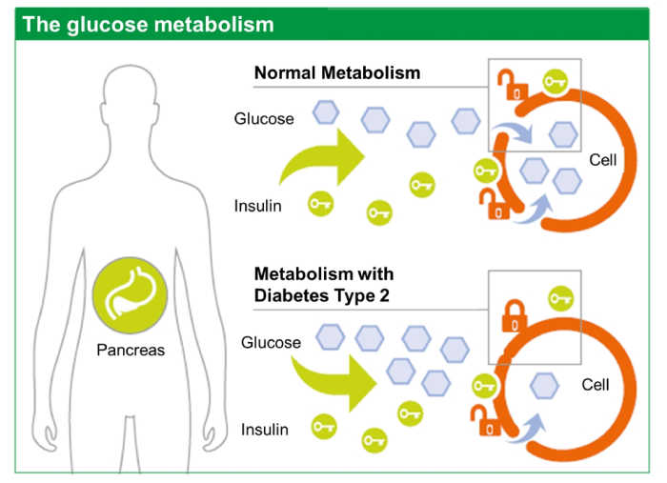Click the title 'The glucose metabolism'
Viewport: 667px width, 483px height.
tap(148, 24)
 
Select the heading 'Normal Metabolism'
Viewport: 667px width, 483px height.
tap(336, 73)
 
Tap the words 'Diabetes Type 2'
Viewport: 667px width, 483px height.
tap(323, 295)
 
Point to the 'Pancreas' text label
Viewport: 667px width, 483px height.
tap(131, 351)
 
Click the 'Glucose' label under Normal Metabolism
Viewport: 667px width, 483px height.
tap(264, 119)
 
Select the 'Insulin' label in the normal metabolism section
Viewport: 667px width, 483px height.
tap(257, 206)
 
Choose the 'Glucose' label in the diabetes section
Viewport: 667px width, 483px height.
tap(271, 342)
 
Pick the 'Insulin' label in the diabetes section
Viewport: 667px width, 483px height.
tap(265, 430)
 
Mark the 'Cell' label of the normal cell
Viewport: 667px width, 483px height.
tap(603, 160)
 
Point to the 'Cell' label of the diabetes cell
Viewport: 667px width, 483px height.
tap(596, 385)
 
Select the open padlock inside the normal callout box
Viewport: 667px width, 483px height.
tap(515, 85)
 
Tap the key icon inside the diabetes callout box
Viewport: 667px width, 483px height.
tap(560, 298)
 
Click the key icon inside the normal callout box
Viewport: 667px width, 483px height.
tap(556, 82)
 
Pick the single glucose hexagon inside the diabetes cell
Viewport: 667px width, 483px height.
tap(544, 385)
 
